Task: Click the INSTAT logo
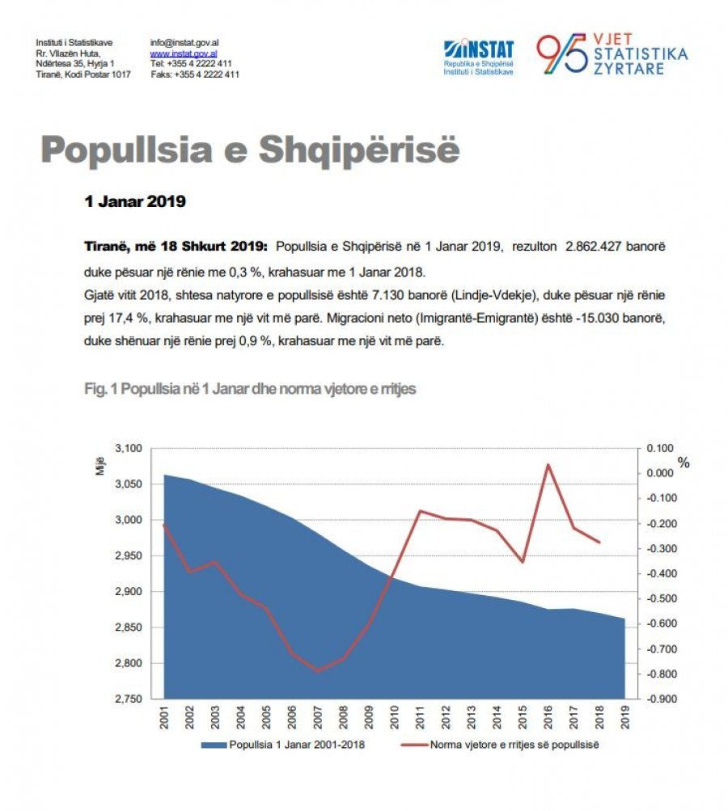click(x=478, y=57)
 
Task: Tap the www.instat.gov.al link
click(x=184, y=53)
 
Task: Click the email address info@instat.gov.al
click(x=184, y=42)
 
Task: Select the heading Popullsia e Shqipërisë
click(x=250, y=150)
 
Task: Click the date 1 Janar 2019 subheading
click(x=135, y=201)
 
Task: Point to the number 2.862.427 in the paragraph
click(x=593, y=246)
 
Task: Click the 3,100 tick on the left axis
click(x=129, y=448)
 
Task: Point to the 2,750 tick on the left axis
click(x=129, y=699)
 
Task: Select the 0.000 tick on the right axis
click(x=661, y=473)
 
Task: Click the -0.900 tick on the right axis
click(x=660, y=699)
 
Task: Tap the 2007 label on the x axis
click(x=318, y=717)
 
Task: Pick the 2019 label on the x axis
click(x=625, y=717)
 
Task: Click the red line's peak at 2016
click(x=548, y=464)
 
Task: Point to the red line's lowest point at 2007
click(x=318, y=671)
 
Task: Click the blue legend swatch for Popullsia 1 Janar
click(x=214, y=745)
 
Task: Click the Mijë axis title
click(x=100, y=466)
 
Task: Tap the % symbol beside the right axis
click(x=684, y=463)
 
